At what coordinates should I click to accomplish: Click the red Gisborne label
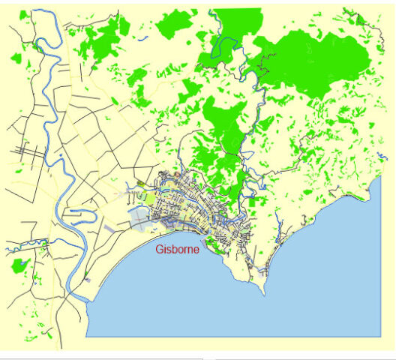click(177, 249)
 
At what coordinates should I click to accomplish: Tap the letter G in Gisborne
click(159, 249)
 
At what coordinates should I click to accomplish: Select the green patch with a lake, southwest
click(20, 266)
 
